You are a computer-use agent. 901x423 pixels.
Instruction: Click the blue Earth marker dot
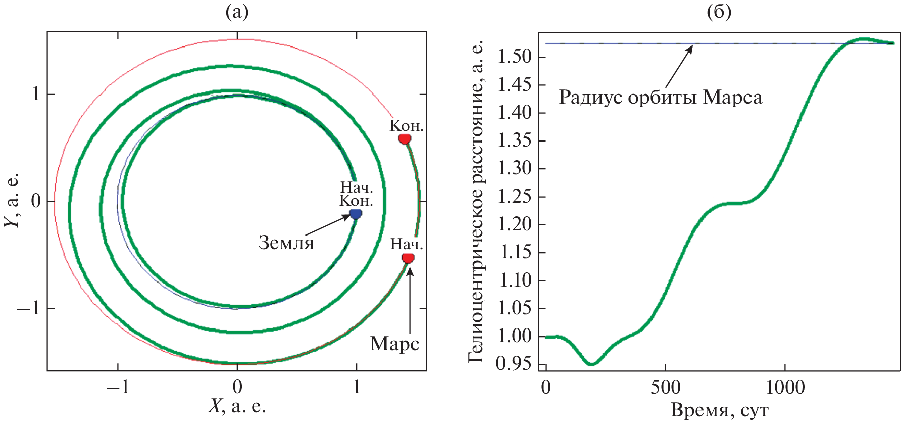[356, 214]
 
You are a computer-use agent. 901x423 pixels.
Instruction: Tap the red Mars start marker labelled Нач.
[408, 258]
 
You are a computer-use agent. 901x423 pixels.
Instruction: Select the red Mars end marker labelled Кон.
[405, 138]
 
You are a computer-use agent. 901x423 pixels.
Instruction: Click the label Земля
[286, 243]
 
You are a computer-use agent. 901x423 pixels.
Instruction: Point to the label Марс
[394, 344]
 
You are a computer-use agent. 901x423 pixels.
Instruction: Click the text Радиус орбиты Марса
[660, 97]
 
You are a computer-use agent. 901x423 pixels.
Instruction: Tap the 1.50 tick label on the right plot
[514, 57]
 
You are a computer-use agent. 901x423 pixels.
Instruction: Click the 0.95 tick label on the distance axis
[514, 364]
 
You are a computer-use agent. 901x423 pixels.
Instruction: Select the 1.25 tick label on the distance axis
[514, 196]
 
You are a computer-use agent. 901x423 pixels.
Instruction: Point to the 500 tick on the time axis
[665, 388]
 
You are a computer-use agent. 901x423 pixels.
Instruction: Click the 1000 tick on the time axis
[785, 388]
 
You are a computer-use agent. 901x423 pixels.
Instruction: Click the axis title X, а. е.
[237, 406]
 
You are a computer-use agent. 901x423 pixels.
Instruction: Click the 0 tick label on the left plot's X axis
[237, 387]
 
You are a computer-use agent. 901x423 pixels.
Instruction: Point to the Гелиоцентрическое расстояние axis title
[476, 201]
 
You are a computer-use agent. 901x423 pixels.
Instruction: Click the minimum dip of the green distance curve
[592, 364]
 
